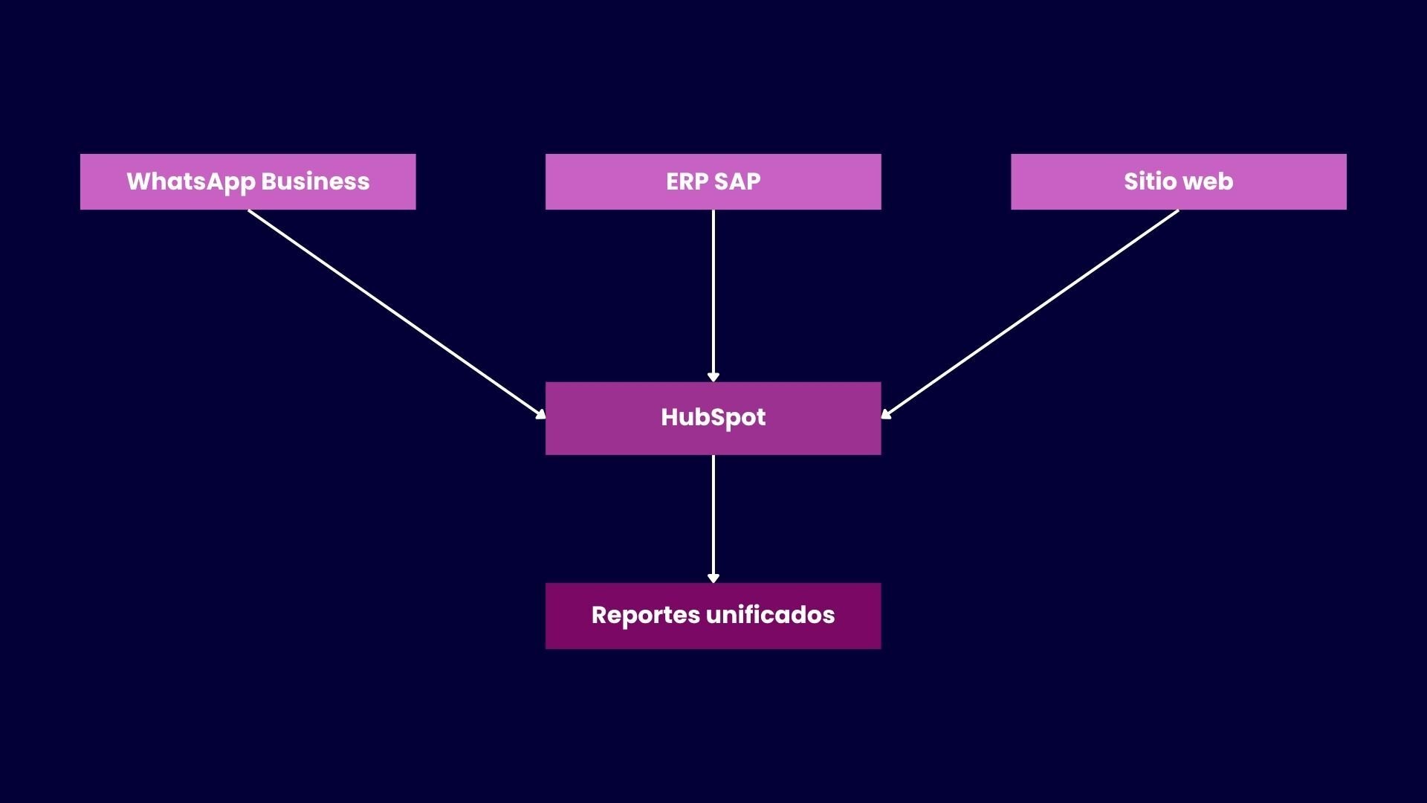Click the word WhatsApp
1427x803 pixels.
(x=190, y=181)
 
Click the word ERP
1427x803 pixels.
(x=686, y=181)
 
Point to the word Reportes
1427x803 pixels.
(x=645, y=616)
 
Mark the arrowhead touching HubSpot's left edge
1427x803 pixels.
(x=541, y=414)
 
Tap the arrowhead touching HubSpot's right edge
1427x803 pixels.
(x=886, y=414)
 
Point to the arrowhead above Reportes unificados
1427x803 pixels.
(x=713, y=578)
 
